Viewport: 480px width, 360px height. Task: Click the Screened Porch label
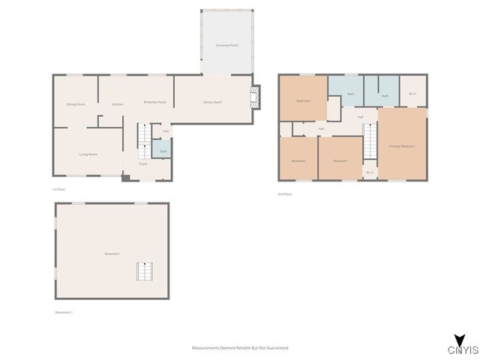(227, 45)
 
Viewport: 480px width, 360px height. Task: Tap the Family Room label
(213, 102)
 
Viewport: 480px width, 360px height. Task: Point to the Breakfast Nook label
(154, 102)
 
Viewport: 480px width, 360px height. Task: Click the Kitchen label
(118, 104)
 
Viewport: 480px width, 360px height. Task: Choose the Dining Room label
(76, 104)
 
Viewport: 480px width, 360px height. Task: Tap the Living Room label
(88, 154)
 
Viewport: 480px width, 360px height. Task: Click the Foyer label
(142, 163)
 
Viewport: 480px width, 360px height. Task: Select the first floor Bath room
(163, 151)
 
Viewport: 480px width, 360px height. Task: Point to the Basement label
(112, 253)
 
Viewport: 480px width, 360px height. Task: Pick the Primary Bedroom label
(402, 145)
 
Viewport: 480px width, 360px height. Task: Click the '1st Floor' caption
(58, 189)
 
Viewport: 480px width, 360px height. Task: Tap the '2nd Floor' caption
(284, 194)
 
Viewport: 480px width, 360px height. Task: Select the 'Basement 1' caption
(64, 312)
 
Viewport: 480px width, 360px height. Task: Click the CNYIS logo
(458, 346)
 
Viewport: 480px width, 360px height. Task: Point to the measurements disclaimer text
(240, 348)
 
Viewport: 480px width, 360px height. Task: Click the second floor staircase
(370, 142)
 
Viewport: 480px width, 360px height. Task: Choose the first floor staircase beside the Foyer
(144, 136)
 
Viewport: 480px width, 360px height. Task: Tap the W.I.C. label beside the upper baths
(412, 94)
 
